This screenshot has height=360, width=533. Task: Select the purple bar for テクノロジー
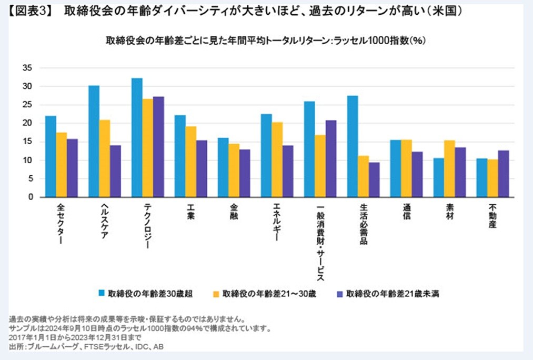click(x=158, y=147)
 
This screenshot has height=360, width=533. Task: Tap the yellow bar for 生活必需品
click(x=364, y=176)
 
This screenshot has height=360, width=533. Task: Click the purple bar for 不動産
click(x=504, y=174)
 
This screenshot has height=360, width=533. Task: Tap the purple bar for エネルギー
click(x=288, y=171)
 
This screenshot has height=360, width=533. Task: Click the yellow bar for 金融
click(x=234, y=171)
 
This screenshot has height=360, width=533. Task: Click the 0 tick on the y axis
click(x=31, y=197)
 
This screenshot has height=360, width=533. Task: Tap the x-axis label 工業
click(x=190, y=213)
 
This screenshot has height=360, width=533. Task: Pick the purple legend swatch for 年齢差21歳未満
click(x=340, y=294)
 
